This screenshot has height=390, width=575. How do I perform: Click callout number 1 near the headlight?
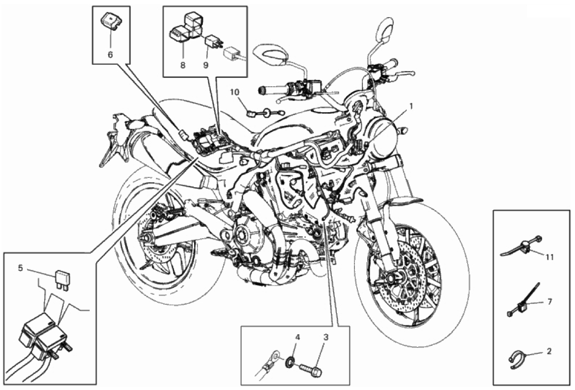(412, 105)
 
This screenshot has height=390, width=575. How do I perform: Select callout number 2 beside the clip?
(549, 351)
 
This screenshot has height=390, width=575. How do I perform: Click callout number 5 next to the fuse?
(21, 268)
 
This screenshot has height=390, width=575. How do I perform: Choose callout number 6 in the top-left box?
(110, 54)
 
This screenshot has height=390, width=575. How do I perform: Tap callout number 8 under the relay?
(183, 65)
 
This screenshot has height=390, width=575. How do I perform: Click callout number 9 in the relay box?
(206, 65)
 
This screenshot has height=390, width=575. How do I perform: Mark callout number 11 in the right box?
(550, 256)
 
